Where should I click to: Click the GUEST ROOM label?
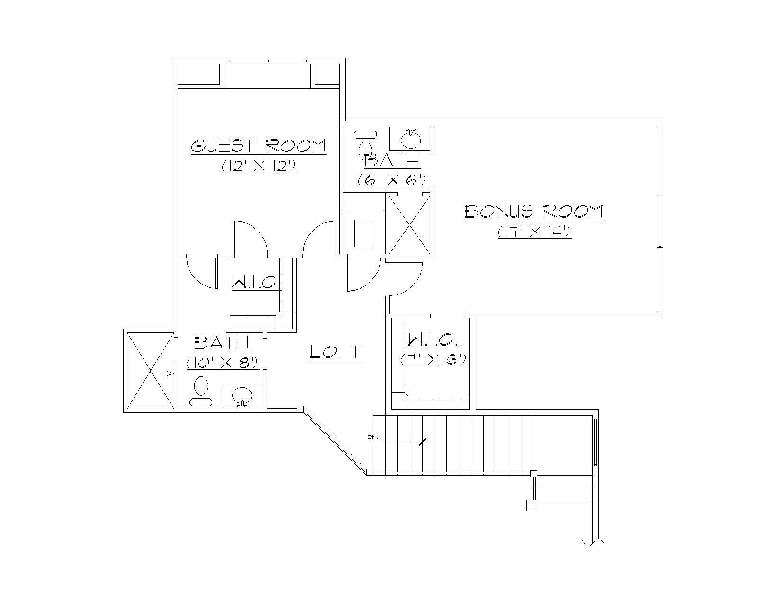[259, 145]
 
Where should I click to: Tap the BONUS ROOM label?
[534, 211]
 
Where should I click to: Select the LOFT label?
[336, 351]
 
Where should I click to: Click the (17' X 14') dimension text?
[535, 232]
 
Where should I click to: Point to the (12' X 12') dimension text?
[259, 167]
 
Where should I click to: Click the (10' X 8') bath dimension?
[222, 363]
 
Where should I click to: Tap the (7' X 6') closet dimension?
[434, 359]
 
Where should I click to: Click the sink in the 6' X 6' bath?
[410, 139]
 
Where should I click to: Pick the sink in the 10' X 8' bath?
[242, 396]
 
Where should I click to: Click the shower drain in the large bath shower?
[150, 371]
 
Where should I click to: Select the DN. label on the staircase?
[371, 437]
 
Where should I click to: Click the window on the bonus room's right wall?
[659, 220]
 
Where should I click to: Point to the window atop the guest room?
[267, 61]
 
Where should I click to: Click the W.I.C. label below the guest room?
[256, 283]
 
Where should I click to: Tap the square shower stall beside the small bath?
[409, 225]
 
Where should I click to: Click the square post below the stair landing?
[532, 506]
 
